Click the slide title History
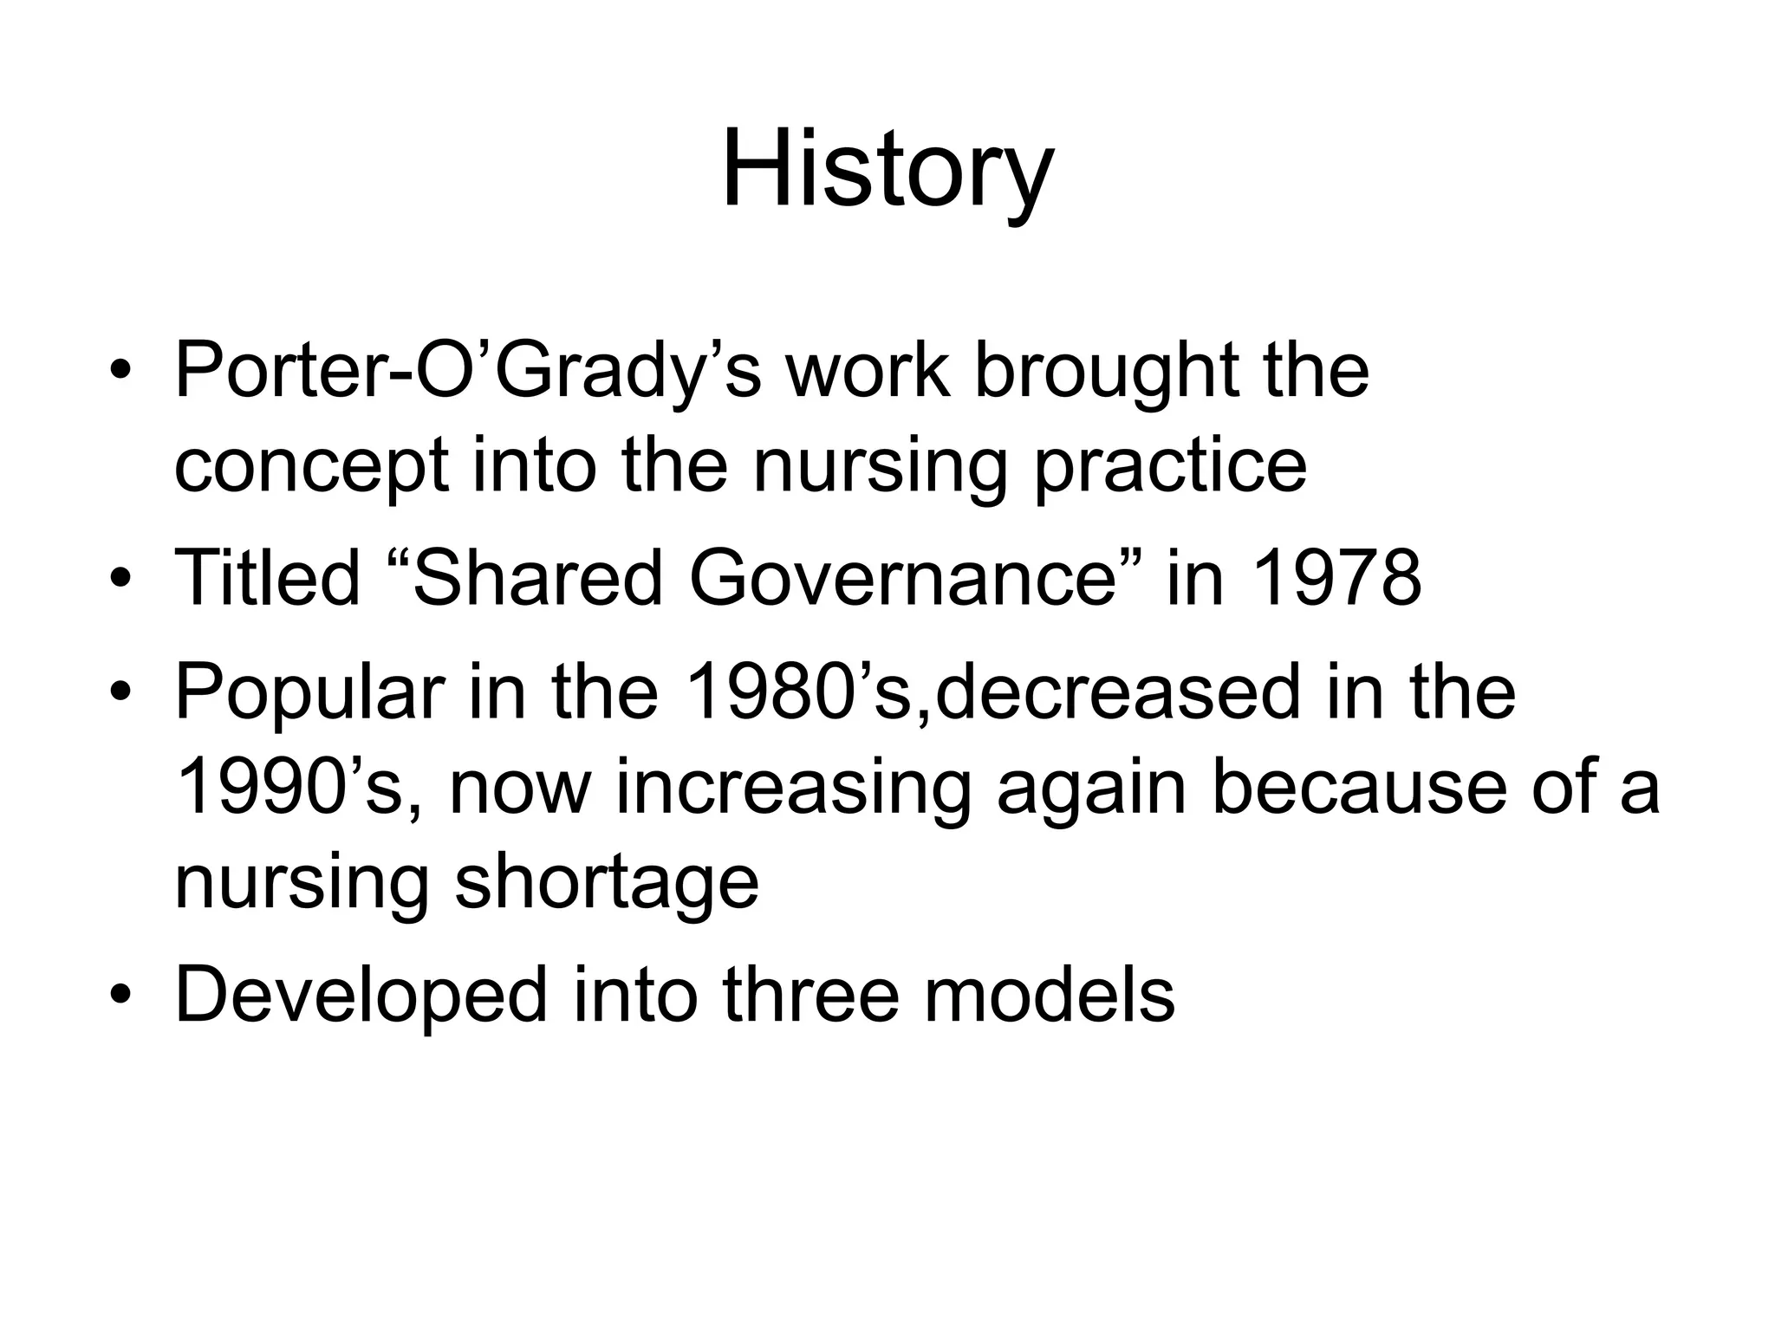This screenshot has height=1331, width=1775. pyautogui.click(x=887, y=169)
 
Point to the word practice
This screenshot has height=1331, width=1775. pyautogui.click(x=1170, y=467)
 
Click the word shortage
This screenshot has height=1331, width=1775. pyautogui.click(x=607, y=884)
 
